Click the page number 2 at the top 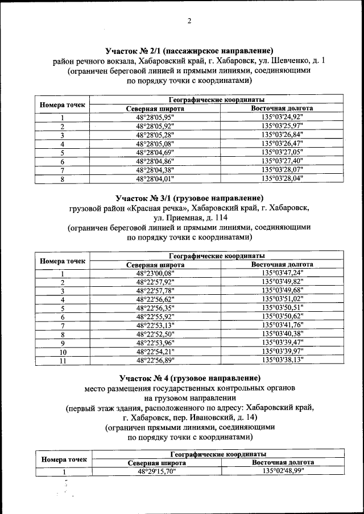coord(189,22)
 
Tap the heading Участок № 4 coord(189,378)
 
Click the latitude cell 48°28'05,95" coord(155,118)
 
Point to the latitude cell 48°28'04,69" coord(155,152)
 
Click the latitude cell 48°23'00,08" coord(155,273)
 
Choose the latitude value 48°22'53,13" coord(155,325)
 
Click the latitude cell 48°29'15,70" coord(155,471)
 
